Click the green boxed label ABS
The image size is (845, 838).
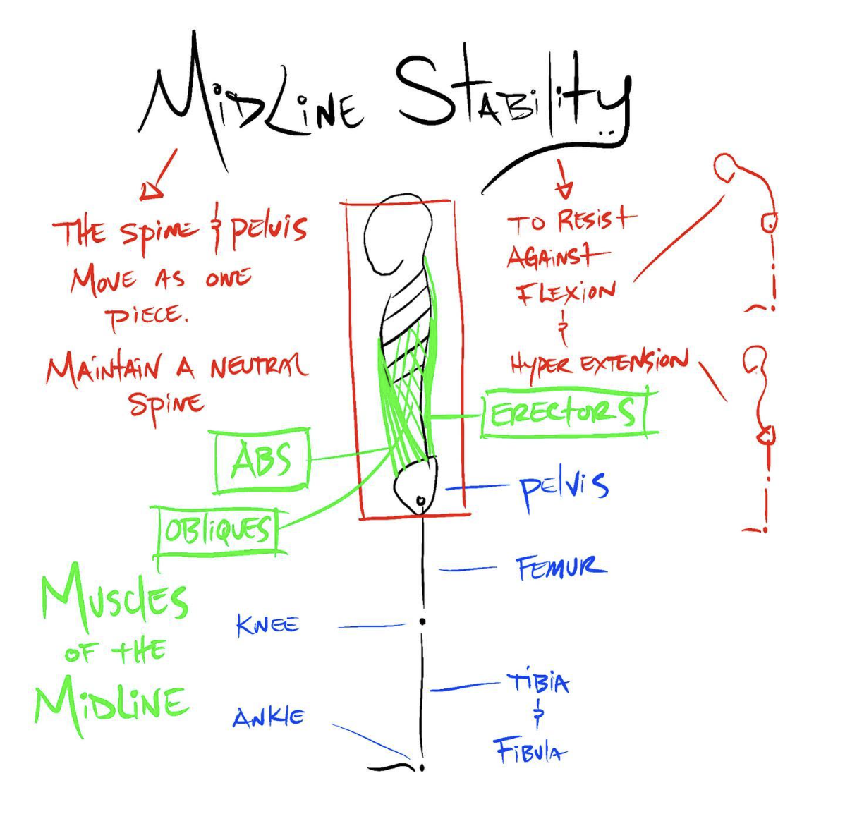point(262,461)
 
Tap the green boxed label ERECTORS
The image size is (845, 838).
point(562,413)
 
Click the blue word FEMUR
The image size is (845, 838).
point(560,567)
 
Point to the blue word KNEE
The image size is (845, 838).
point(268,625)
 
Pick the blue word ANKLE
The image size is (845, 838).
point(269,718)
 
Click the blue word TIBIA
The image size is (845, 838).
point(537,683)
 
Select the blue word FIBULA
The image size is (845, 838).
point(530,751)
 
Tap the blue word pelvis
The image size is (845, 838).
point(564,487)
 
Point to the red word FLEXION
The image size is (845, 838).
point(566,293)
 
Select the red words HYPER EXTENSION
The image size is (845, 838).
point(599,364)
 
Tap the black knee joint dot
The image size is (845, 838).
point(422,621)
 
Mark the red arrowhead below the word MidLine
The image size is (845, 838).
point(151,190)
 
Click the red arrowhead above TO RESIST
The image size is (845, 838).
point(565,189)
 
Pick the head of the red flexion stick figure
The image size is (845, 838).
point(726,168)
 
